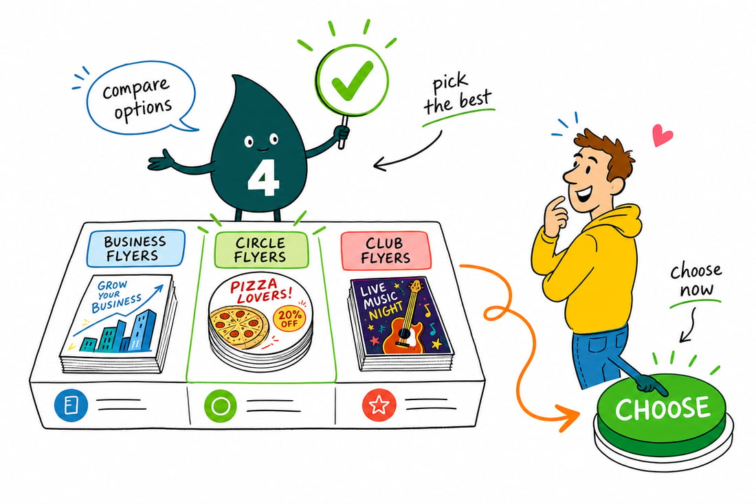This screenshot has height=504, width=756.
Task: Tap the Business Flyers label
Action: (135, 248)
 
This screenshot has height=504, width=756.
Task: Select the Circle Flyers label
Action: (260, 250)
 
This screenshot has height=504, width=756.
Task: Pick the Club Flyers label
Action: (386, 250)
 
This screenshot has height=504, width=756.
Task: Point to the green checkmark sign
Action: (352, 80)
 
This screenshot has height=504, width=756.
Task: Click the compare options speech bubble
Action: (141, 97)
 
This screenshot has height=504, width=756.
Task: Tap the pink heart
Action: (662, 134)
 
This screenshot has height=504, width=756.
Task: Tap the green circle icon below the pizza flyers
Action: (221, 405)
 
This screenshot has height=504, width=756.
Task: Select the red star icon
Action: (379, 405)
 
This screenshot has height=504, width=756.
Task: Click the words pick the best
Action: (457, 95)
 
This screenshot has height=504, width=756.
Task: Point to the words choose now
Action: (696, 281)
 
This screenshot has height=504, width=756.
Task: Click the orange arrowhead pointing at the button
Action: (570, 416)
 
